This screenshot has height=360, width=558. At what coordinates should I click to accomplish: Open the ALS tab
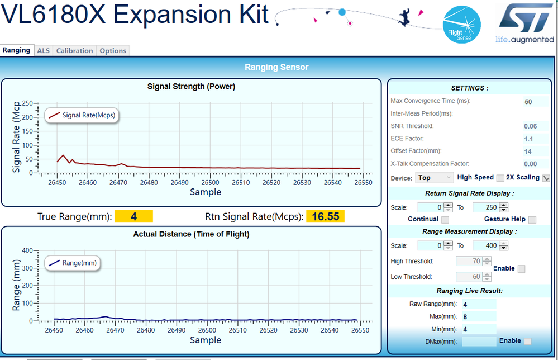43,51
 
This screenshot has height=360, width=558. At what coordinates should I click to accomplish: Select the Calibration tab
74,51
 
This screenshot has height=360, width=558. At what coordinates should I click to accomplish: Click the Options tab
113,51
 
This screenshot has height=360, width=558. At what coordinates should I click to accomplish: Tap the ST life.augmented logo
524,22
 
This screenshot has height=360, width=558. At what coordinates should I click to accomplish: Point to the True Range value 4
133,216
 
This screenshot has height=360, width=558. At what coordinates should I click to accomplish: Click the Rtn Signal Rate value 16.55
325,216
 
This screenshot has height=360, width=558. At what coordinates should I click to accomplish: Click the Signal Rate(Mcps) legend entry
84,115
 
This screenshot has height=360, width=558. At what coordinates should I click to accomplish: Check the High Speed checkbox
500,178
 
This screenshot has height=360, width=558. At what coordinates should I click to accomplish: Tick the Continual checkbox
445,220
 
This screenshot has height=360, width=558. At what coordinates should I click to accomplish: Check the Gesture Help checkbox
532,220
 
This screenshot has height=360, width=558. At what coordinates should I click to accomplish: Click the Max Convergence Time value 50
528,102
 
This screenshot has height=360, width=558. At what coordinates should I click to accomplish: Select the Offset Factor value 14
528,151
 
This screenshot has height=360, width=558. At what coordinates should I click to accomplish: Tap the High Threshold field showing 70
469,261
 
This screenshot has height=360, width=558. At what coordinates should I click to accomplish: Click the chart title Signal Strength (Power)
191,87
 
